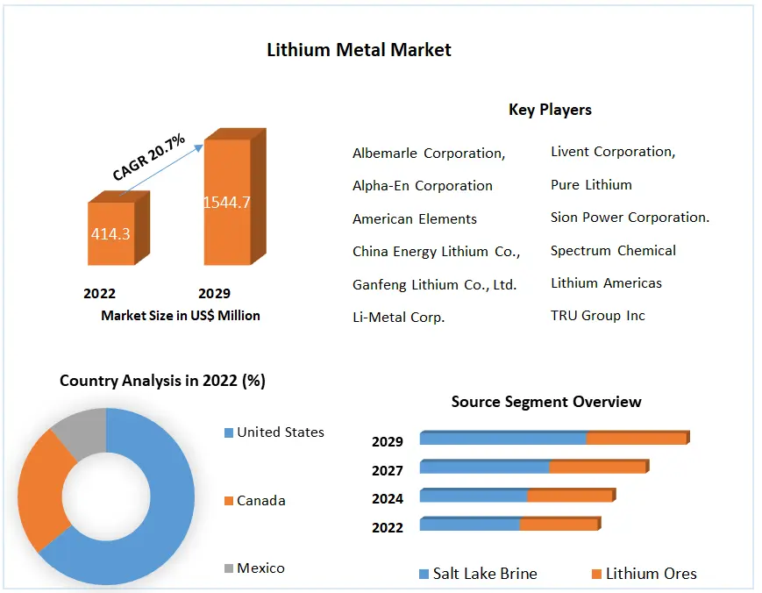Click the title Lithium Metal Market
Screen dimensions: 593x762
coord(359,50)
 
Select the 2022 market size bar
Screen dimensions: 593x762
coord(110,233)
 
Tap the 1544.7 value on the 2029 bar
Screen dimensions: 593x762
coord(227,203)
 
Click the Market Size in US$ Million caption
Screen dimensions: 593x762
coord(181,315)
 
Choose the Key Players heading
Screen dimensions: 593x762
coord(550,110)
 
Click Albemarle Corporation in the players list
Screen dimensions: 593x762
coord(429,153)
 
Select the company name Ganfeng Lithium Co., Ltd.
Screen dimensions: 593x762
coord(434,284)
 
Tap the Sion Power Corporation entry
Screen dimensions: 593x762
coord(630,217)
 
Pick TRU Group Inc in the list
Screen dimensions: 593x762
coord(597,315)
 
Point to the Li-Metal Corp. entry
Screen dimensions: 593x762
coord(398,317)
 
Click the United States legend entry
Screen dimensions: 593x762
coord(280,432)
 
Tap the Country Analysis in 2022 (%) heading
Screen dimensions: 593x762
coord(162,381)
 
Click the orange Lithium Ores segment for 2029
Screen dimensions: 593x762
coord(636,439)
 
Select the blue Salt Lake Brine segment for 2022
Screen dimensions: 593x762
coord(470,525)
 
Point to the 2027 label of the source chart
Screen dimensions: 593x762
coord(388,470)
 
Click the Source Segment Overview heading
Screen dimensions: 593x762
coord(546,402)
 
